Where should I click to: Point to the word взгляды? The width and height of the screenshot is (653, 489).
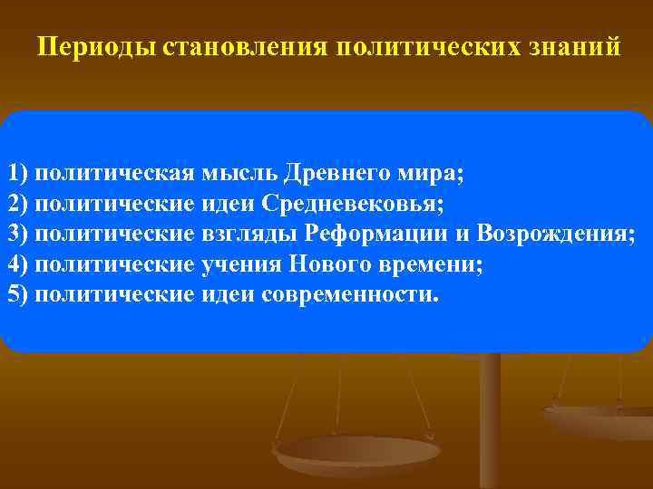point(249,235)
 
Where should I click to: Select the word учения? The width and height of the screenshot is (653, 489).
point(238,265)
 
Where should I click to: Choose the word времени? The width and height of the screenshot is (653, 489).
point(424,265)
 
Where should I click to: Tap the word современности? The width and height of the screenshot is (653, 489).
point(349,295)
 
